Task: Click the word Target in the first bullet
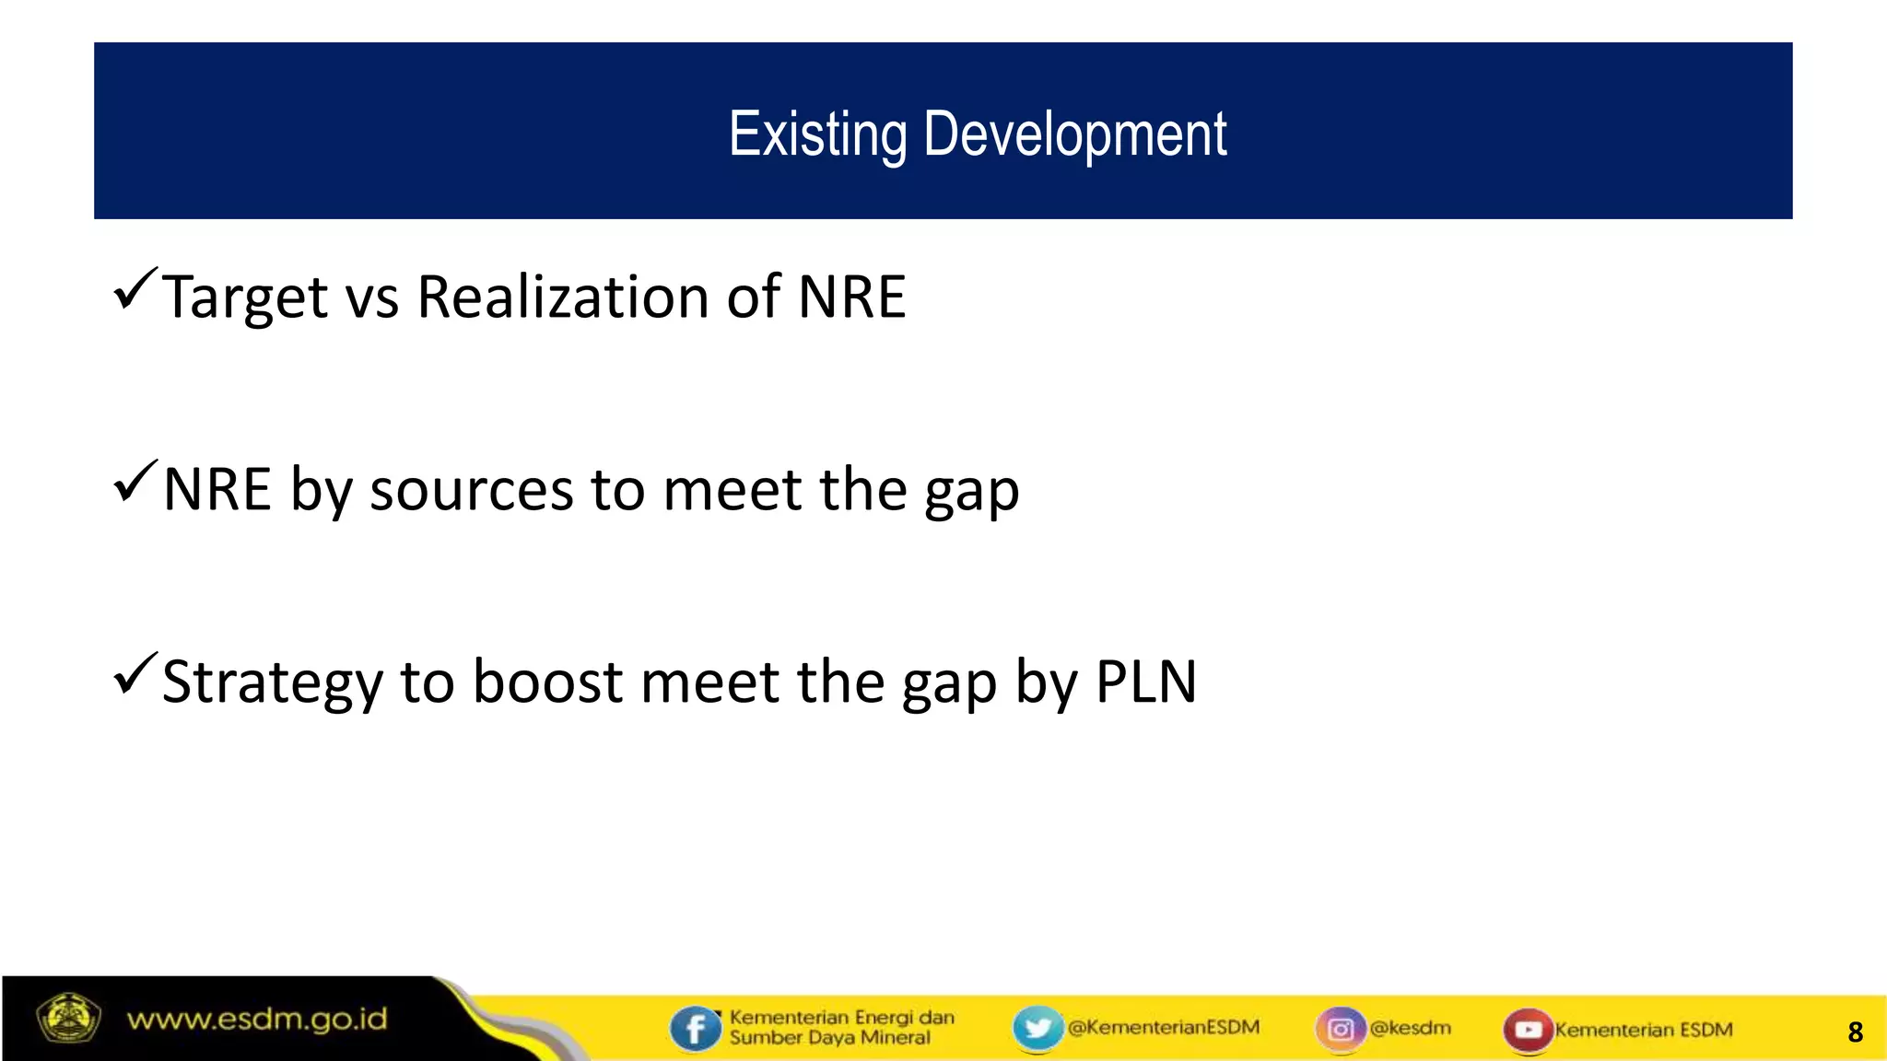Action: click(244, 297)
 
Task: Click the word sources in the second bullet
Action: click(471, 490)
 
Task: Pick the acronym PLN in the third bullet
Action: click(1146, 682)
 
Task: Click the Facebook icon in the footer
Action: click(695, 1028)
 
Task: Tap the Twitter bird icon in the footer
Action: click(1037, 1028)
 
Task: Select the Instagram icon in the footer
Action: click(1341, 1028)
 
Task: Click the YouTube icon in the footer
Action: click(1528, 1029)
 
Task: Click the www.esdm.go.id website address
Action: click(257, 1020)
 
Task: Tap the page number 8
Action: click(1855, 1032)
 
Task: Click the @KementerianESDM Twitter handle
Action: click(1164, 1027)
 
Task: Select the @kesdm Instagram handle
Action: click(1410, 1027)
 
